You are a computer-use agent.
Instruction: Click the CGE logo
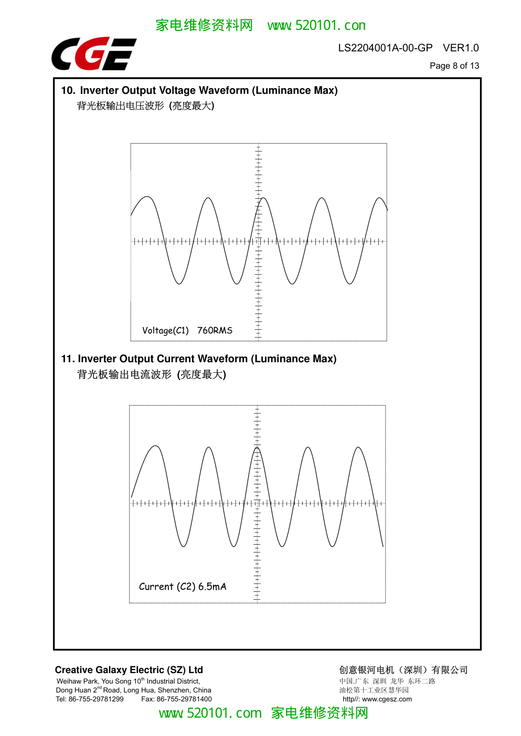(x=94, y=53)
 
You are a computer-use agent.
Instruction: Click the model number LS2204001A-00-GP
(x=385, y=48)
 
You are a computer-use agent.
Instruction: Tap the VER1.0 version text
(x=461, y=48)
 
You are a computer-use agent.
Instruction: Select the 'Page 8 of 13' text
(x=454, y=66)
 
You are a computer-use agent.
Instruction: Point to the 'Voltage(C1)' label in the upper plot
(x=165, y=330)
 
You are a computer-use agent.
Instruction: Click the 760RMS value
(x=215, y=330)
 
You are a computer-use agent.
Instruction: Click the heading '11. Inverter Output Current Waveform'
(x=154, y=359)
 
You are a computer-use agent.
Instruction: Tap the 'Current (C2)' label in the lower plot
(x=167, y=587)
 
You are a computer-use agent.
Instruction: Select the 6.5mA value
(x=212, y=587)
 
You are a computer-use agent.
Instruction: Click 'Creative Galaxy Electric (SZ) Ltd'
(x=129, y=669)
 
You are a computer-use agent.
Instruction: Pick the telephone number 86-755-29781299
(x=96, y=699)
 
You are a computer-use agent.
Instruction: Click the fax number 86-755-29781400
(x=184, y=699)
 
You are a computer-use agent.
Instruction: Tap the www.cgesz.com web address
(x=387, y=699)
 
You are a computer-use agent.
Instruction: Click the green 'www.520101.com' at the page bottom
(x=210, y=713)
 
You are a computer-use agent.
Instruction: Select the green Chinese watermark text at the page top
(x=204, y=25)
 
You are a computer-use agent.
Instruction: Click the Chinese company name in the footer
(x=403, y=669)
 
